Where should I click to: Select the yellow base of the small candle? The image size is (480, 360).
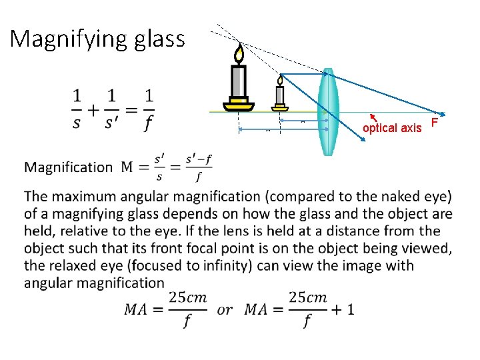point(280,106)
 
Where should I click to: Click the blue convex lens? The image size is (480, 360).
point(327,111)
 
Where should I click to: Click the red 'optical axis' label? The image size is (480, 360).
point(392,128)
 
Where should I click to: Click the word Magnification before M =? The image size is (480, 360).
point(69,167)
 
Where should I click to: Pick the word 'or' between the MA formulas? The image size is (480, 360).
point(225,310)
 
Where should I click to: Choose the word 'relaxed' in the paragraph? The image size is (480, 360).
point(79,265)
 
